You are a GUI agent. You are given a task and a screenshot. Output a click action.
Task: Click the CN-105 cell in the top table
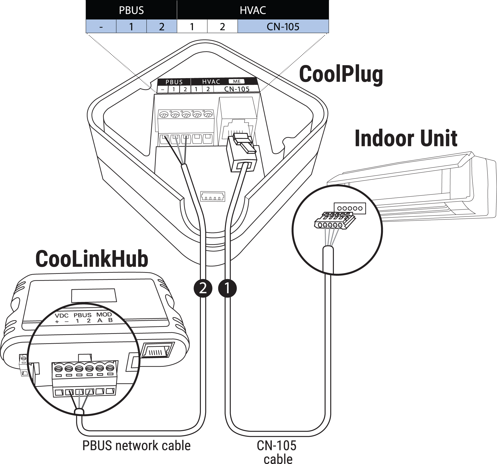tap(283, 26)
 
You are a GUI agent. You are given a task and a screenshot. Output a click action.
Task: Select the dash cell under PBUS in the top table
tap(101, 26)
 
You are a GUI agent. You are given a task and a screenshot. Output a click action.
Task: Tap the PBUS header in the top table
tap(131, 10)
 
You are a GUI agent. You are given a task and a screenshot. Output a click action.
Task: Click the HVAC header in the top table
tap(253, 10)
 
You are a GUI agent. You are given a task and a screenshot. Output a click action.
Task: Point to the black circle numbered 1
tap(227, 288)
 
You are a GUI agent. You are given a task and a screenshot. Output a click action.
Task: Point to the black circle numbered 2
tap(203, 288)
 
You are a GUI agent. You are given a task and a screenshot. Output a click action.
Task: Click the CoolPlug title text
tap(341, 74)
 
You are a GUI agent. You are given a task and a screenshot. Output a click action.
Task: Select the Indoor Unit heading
tap(406, 138)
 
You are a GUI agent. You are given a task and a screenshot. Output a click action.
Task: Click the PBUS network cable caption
tap(136, 445)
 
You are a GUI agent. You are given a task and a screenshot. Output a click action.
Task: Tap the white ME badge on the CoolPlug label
tap(237, 81)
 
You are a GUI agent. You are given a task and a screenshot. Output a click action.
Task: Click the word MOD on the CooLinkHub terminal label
tap(104, 315)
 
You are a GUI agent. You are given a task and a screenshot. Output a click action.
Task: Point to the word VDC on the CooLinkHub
tap(62, 316)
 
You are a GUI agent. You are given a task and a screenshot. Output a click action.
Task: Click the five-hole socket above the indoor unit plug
tap(350, 208)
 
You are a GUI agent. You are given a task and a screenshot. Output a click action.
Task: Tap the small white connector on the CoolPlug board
tap(213, 196)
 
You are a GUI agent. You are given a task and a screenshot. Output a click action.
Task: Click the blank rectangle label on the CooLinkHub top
tap(94, 295)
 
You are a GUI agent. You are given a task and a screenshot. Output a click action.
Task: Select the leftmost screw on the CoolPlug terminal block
tap(164, 114)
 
